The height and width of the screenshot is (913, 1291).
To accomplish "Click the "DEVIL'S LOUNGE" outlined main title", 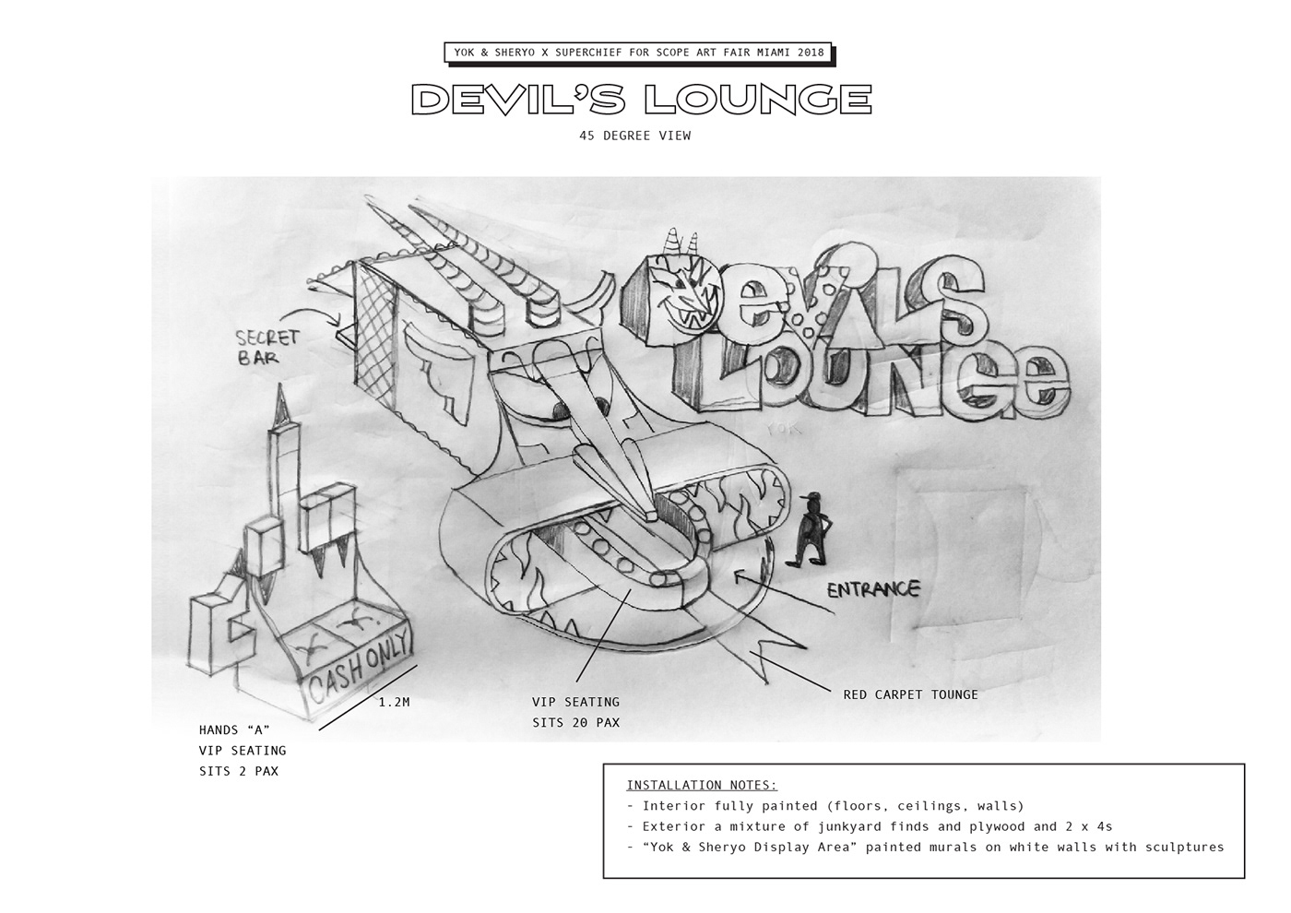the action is point(642,100).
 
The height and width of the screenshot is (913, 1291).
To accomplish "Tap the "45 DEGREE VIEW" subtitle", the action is point(635,136).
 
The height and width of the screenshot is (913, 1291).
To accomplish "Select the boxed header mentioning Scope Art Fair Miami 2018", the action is point(639,53).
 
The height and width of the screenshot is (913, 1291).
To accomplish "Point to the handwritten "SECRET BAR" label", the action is point(267,347).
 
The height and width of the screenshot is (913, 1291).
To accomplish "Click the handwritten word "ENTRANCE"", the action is point(873,589).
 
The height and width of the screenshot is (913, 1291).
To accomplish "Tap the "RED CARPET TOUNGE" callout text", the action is point(911,694).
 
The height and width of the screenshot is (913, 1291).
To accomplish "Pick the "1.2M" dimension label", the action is point(395,702).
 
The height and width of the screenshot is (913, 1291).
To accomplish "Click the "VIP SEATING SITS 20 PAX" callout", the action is point(575,712).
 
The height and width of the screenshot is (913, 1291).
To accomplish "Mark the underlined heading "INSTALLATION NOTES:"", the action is point(702,785).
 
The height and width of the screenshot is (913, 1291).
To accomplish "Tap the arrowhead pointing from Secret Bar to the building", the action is point(337,320).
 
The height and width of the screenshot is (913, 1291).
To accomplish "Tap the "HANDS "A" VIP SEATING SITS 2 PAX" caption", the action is point(243,751).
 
